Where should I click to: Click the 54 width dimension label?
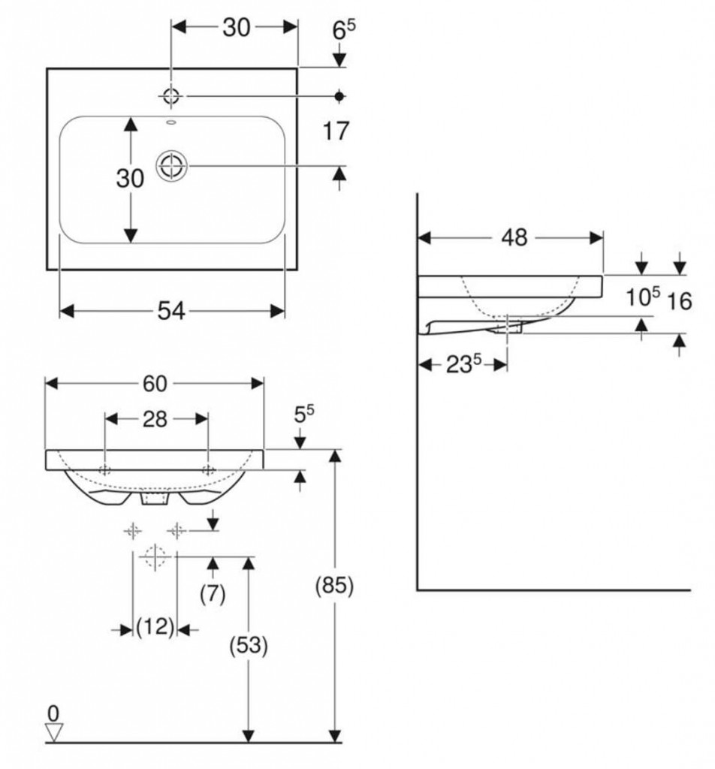click(x=172, y=310)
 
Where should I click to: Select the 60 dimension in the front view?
click(x=155, y=383)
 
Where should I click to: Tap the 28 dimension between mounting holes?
click(x=155, y=419)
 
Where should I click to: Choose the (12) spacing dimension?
click(x=155, y=626)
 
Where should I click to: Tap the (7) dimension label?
click(x=213, y=594)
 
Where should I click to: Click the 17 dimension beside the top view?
click(x=336, y=131)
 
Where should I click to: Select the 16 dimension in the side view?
click(x=679, y=301)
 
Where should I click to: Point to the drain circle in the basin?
click(x=172, y=166)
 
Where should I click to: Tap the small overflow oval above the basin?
click(x=170, y=121)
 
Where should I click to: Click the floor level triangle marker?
click(x=53, y=730)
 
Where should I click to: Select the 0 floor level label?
click(x=52, y=710)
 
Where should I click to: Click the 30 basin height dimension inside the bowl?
click(x=130, y=179)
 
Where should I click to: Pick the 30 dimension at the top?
click(x=236, y=27)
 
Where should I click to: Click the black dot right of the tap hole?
click(x=339, y=95)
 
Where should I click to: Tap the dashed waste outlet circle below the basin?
click(x=155, y=556)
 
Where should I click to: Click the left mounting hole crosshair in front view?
click(x=104, y=470)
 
